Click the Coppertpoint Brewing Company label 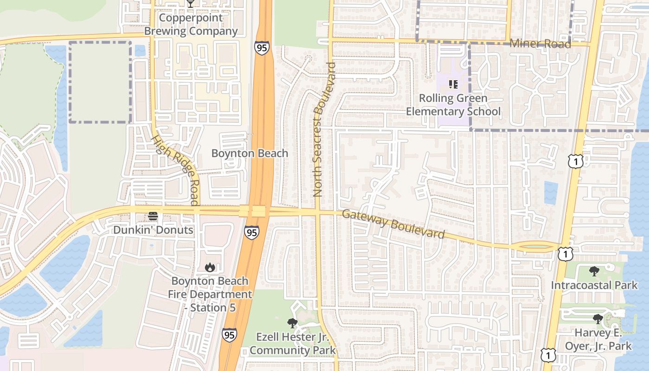pos(191,25)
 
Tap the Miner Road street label pos(540,44)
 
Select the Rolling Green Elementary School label pos(453,105)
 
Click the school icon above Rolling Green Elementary pos(453,84)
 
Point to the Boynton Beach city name pos(249,154)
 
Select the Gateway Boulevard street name pos(393,224)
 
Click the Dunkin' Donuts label pos(153,230)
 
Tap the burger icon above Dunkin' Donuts pos(153,216)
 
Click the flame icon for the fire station pos(210,267)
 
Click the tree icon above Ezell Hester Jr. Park pos(292,323)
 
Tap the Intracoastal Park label pos(594,285)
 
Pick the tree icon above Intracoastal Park pos(594,271)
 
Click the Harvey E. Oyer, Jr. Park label pos(598,339)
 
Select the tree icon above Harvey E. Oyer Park pos(598,319)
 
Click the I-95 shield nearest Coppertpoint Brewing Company pos(261,48)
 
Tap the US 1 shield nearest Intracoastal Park pos(566,253)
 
